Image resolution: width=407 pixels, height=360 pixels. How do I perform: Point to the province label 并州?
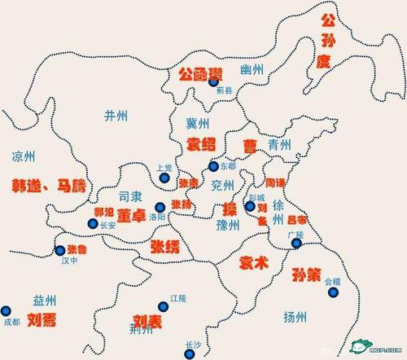click(x=116, y=116)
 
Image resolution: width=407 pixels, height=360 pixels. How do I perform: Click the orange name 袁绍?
click(x=202, y=145)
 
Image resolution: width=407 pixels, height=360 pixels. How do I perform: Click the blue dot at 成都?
click(x=7, y=310)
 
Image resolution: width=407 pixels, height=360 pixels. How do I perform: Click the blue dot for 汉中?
click(x=60, y=251)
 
